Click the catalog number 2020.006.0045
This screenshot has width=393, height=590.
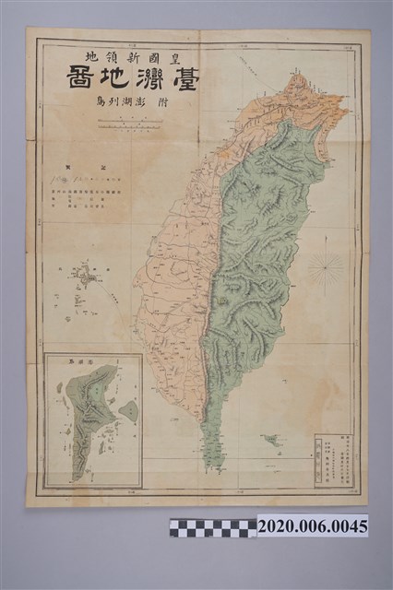pyautogui.click(x=312, y=526)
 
